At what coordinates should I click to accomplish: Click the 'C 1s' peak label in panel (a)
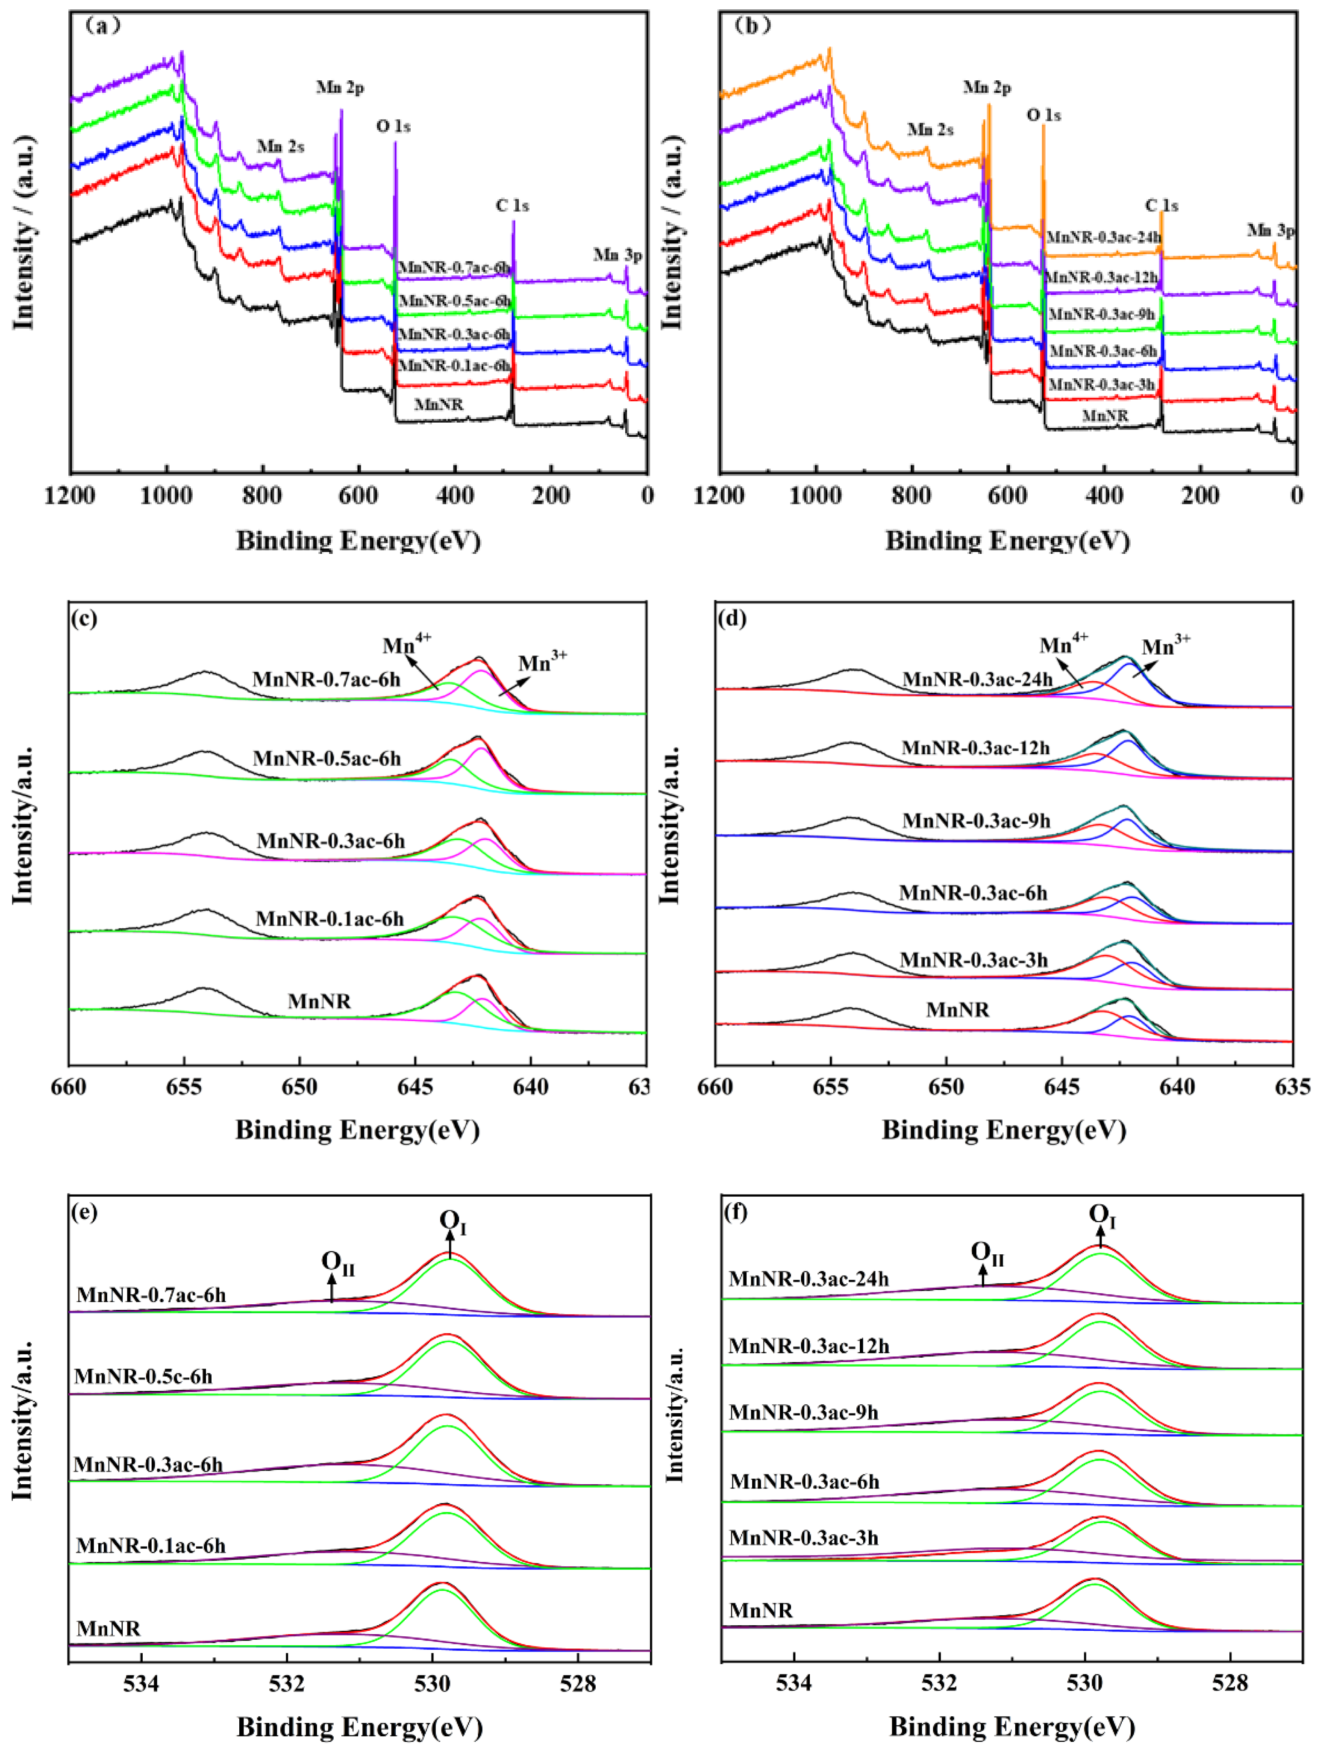pyautogui.click(x=512, y=205)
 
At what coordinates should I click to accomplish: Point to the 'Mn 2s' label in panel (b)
pyautogui.click(x=930, y=129)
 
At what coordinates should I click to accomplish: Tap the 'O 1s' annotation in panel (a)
pyautogui.click(x=393, y=126)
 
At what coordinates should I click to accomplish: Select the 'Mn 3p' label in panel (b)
pyautogui.click(x=1270, y=231)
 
